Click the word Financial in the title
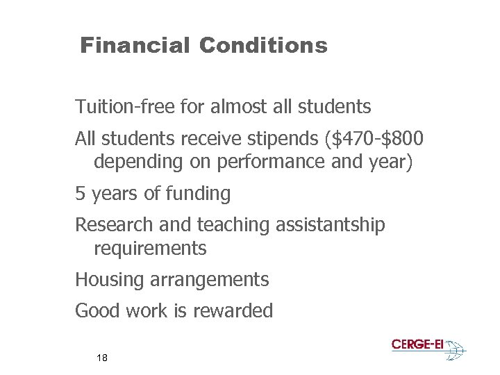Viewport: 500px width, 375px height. coord(134,46)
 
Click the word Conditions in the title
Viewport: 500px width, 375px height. coord(263,46)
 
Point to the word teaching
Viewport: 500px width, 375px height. coord(232,225)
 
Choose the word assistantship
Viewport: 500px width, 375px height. coord(330,225)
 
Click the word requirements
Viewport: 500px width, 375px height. coord(150,248)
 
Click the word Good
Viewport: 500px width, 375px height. coord(97,311)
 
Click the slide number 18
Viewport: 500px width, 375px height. coord(102,358)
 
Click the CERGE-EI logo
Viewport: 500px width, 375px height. coord(428,348)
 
